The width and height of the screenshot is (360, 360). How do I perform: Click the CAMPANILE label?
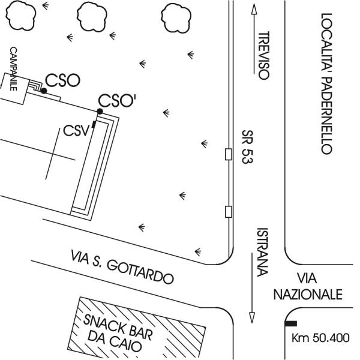pyautogui.click(x=14, y=69)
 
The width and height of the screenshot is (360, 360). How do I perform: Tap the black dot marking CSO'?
pyautogui.click(x=100, y=112)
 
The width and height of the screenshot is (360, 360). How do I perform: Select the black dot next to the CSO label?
pyautogui.click(x=44, y=91)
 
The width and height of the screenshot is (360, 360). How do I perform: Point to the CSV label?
pyautogui.click(x=76, y=131)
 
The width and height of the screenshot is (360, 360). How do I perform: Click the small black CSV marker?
pyautogui.click(x=94, y=124)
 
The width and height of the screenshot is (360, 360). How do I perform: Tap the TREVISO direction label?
pyautogui.click(x=264, y=56)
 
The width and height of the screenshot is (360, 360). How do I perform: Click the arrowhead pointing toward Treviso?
pyautogui.click(x=254, y=9)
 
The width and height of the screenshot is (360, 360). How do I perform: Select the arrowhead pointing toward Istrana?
pyautogui.click(x=252, y=317)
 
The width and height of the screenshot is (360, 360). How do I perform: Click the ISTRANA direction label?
pyautogui.click(x=263, y=252)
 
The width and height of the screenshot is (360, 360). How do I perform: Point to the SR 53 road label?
pyautogui.click(x=247, y=147)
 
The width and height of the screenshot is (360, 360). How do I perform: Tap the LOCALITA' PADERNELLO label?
pyautogui.click(x=326, y=83)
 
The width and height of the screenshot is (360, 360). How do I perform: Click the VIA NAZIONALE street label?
pyautogui.click(x=308, y=286)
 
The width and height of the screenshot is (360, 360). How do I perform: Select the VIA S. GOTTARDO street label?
pyautogui.click(x=122, y=267)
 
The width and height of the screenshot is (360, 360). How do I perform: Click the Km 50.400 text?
pyautogui.click(x=320, y=338)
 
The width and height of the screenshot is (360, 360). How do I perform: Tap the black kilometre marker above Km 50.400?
pyautogui.click(x=291, y=323)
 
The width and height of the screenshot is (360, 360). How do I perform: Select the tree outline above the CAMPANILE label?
pyautogui.click(x=20, y=16)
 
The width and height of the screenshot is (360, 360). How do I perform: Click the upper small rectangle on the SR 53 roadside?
pyautogui.click(x=229, y=154)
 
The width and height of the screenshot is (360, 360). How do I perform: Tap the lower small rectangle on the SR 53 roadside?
pyautogui.click(x=229, y=212)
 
